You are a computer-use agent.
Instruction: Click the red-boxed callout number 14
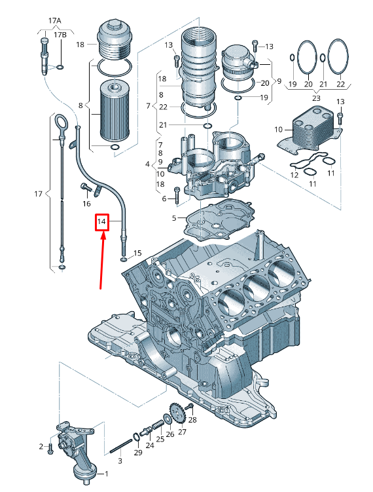[101, 222]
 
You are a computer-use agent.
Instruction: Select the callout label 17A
[54, 21]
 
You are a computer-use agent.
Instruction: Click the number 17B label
[60, 35]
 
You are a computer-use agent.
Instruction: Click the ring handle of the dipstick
[60, 122]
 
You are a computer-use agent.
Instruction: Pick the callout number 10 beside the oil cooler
[278, 129]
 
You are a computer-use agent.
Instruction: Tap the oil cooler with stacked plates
[311, 129]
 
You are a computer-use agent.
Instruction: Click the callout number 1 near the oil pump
[106, 474]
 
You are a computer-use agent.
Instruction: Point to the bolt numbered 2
[51, 447]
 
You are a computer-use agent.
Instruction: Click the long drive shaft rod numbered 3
[121, 446]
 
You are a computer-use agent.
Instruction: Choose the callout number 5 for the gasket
[174, 218]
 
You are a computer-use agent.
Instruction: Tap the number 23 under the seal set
[316, 98]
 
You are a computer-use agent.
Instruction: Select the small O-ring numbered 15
[124, 259]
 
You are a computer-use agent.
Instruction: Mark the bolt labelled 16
[86, 187]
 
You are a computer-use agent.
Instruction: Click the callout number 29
[138, 452]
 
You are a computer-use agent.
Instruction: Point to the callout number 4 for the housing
[147, 164]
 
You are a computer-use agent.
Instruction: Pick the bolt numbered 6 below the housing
[177, 195]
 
